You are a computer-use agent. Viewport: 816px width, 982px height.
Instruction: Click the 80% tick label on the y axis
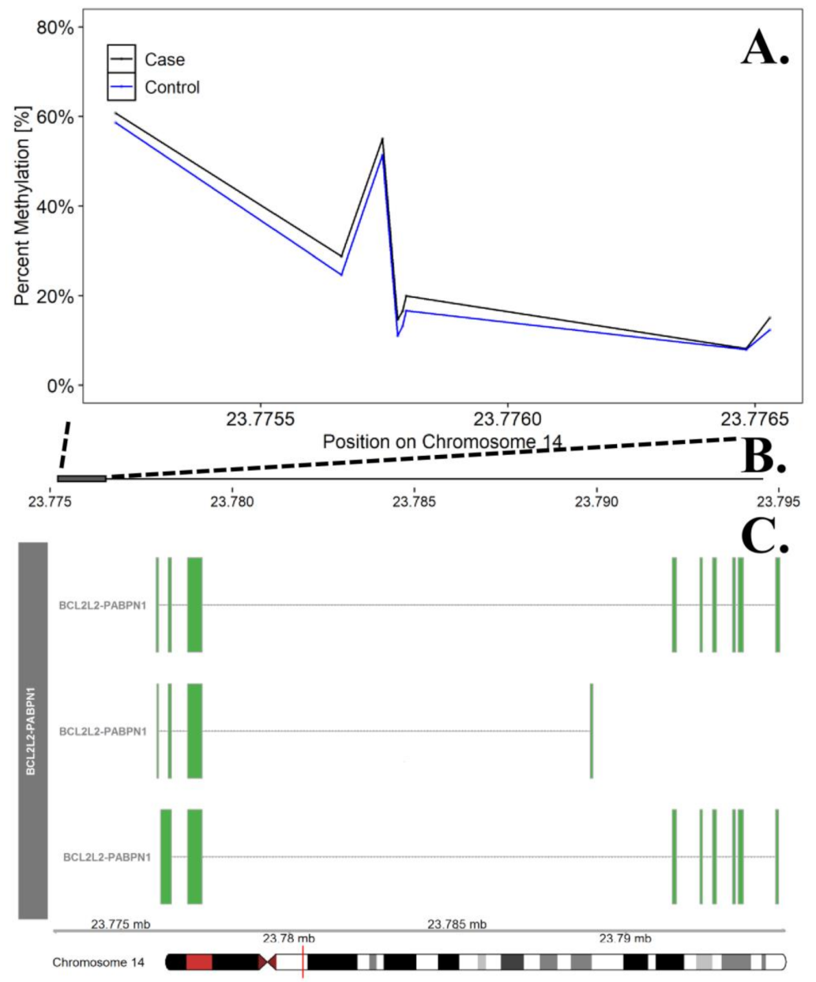55,28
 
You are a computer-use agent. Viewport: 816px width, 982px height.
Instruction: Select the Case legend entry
164,60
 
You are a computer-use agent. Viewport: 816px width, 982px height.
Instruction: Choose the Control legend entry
171,88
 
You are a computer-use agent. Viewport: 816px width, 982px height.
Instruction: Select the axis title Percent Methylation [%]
22,205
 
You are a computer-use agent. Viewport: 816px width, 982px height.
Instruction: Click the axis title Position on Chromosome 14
442,442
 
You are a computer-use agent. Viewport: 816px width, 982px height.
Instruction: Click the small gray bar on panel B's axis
81,479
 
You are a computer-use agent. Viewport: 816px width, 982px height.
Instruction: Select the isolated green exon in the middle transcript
591,731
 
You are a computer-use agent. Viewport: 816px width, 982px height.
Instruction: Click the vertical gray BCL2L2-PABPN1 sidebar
32,731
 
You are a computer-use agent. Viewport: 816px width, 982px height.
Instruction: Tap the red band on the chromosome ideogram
199,962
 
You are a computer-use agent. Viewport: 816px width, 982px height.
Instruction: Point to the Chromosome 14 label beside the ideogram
99,963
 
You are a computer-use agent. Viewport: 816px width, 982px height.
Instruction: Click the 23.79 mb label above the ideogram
625,939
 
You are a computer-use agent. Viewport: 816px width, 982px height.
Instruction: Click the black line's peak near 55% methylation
382,139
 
